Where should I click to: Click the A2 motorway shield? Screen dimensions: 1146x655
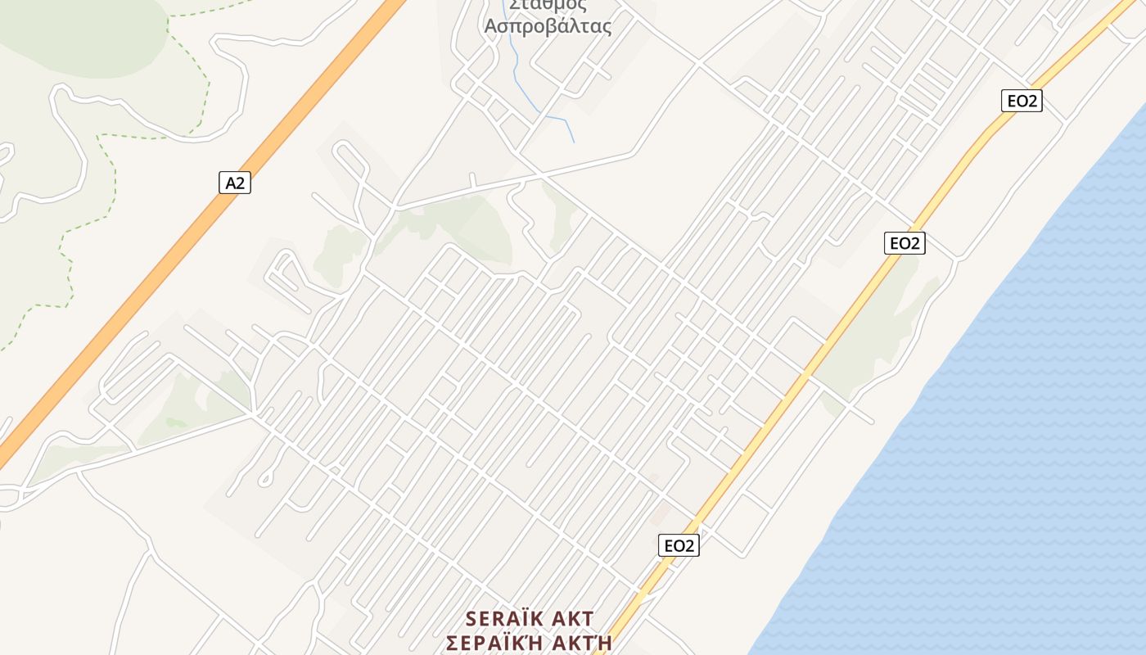click(235, 183)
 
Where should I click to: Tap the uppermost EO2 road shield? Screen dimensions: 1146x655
click(1022, 101)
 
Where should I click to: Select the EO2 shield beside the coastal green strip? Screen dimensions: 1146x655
click(905, 242)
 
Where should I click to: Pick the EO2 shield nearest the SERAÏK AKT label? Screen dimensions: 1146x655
click(679, 545)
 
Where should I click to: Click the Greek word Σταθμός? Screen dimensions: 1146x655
click(548, 5)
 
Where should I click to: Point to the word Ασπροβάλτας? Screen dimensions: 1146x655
click(548, 26)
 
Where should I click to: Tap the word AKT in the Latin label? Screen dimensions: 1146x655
click(571, 618)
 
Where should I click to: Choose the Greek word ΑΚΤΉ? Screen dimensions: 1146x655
click(580, 643)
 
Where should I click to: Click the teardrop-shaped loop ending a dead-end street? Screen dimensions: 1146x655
click(264, 479)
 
